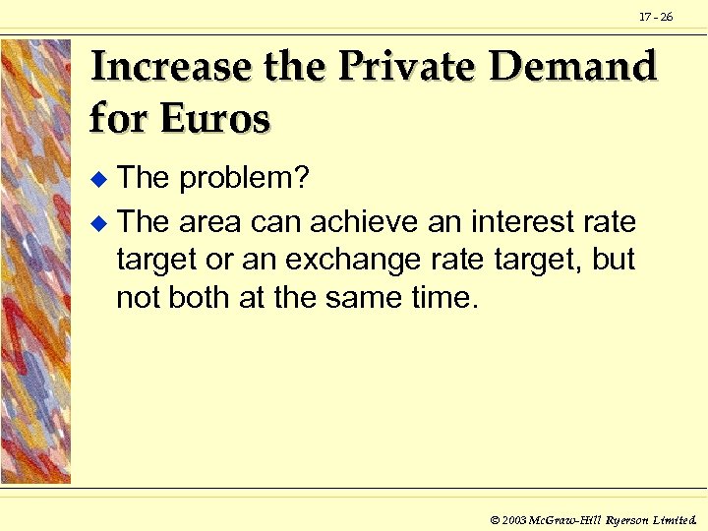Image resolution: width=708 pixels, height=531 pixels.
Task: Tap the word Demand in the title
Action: [572, 67]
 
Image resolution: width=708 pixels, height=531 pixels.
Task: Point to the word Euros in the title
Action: [215, 119]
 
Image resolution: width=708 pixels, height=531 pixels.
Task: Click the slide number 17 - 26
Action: [656, 17]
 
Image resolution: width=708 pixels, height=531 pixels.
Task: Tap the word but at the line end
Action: [614, 261]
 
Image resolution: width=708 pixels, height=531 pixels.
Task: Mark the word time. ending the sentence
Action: [440, 298]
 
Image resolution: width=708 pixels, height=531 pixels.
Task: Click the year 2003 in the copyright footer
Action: [514, 518]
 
